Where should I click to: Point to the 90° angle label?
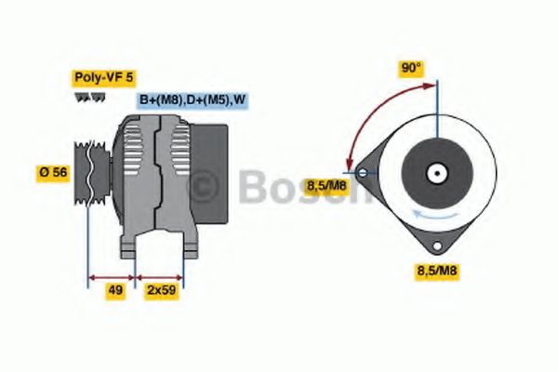[411, 69]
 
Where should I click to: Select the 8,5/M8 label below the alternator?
[436, 271]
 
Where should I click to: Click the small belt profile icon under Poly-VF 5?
[86, 97]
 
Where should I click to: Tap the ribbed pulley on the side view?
[93, 173]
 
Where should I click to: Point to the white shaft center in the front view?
[436, 172]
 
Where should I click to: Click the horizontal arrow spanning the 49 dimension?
[112, 276]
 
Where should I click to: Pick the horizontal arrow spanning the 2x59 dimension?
[160, 276]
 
